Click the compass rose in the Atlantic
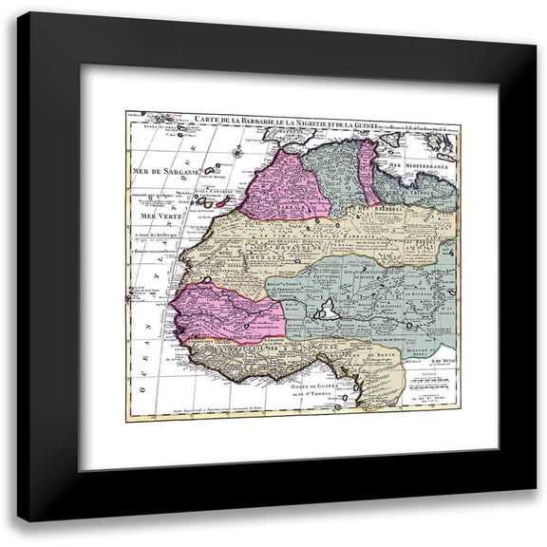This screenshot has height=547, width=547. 236,151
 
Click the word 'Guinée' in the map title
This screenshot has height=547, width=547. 360,119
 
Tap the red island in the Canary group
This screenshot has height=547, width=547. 224,201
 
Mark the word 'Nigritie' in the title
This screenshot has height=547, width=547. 303,119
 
